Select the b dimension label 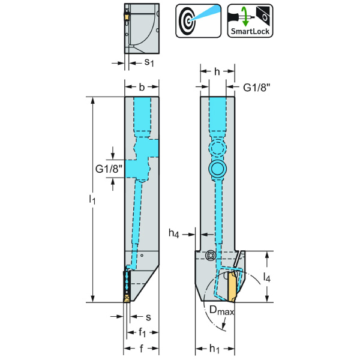pyautogui.click(x=142, y=88)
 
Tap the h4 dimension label pyautogui.click(x=174, y=233)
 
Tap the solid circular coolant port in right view pyautogui.click(x=217, y=169)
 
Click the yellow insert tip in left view pyautogui.click(x=127, y=297)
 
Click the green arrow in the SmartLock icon pyautogui.click(x=244, y=14)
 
